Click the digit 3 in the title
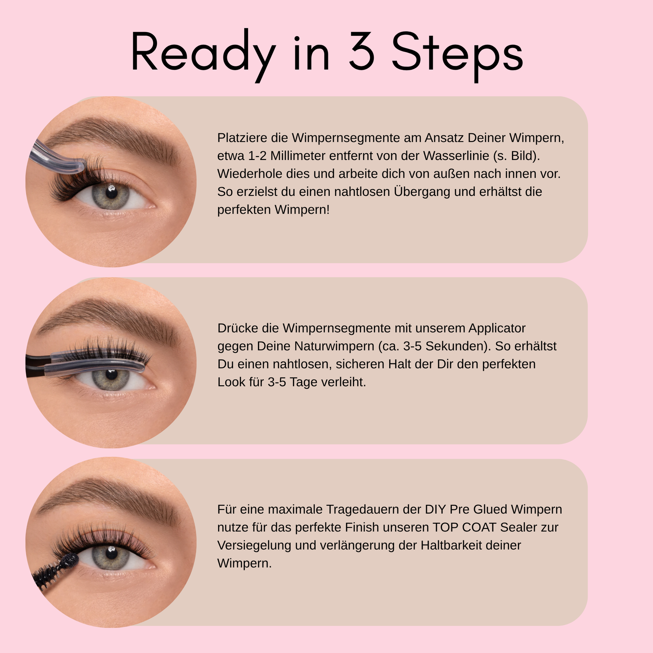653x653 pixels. pyautogui.click(x=361, y=51)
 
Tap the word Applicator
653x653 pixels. pyautogui.click(x=497, y=328)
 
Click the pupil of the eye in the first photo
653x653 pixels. pyautogui.click(x=111, y=191)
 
